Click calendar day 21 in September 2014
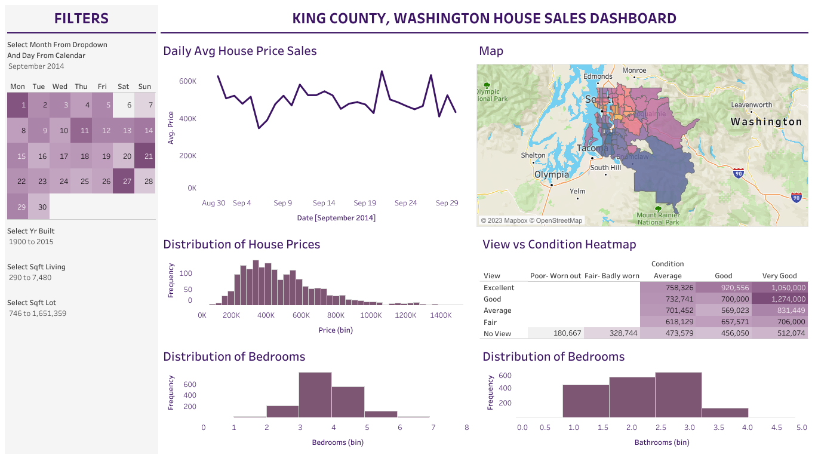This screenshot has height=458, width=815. coord(144,156)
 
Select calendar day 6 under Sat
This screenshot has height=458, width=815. coord(124,104)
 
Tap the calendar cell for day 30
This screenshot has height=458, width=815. coord(39,207)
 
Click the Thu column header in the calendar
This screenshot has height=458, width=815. coord(81,87)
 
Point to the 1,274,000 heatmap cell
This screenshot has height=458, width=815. coord(780,299)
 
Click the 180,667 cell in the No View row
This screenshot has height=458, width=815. coord(555,333)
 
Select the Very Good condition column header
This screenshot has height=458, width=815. coord(779,276)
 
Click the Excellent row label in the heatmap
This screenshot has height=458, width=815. coord(499,287)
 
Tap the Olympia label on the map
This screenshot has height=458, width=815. coord(552,175)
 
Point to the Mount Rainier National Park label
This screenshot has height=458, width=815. coord(658,219)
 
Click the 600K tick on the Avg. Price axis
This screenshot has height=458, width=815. coord(187,81)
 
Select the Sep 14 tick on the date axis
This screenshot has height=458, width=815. coord(324,203)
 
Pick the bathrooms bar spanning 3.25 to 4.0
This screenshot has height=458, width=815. coord(725,412)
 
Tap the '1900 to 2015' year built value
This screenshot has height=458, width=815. coord(31,242)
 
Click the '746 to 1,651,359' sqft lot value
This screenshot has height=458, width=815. coord(38,313)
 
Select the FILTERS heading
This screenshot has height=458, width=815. coord(81,19)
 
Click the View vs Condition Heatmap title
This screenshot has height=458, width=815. coord(559,244)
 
